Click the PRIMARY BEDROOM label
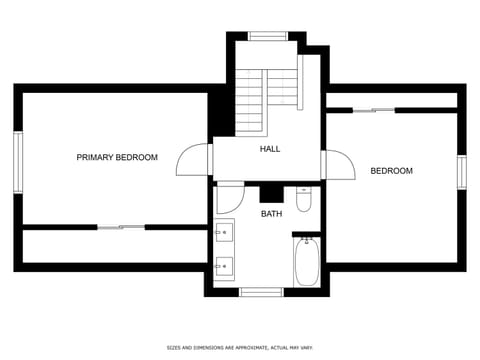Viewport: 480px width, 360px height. click(117, 157)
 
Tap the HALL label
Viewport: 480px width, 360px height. click(270, 148)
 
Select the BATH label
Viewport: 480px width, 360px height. click(271, 214)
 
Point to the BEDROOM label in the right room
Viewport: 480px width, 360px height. click(391, 171)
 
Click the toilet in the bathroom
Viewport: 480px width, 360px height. click(305, 198)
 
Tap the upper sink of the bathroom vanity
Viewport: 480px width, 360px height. click(224, 234)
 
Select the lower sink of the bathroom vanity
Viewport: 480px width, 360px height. click(224, 266)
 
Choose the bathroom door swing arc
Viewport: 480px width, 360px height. click(230, 196)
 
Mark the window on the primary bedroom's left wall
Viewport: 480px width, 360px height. click(17, 162)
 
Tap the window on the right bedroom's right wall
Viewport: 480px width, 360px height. click(462, 171)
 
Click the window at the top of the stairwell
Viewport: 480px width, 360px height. click(268, 36)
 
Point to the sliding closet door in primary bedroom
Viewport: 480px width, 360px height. click(120, 227)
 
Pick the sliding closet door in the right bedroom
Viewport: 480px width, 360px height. click(373, 110)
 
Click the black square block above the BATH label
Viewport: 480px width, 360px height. click(269, 193)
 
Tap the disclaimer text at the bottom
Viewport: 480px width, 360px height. click(240, 347)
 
